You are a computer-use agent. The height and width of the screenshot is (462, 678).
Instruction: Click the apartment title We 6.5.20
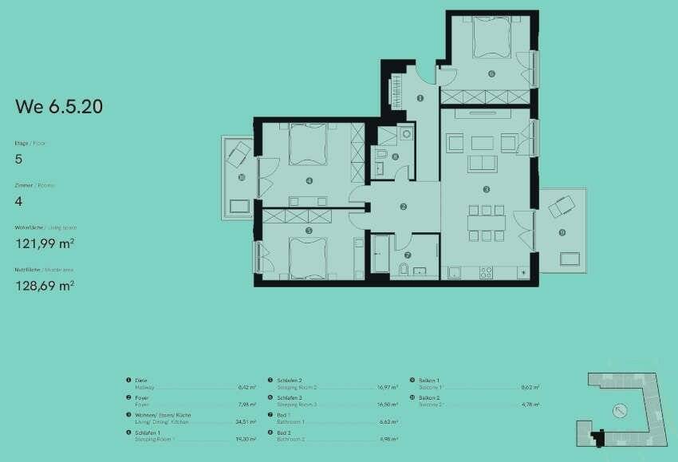(x=59, y=106)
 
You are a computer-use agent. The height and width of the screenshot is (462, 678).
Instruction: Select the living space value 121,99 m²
(x=45, y=243)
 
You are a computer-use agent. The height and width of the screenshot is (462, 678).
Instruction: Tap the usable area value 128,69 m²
(x=45, y=284)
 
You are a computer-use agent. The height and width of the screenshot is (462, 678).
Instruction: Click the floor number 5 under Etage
(x=19, y=159)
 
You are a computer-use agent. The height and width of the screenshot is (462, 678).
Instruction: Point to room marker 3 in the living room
(x=487, y=190)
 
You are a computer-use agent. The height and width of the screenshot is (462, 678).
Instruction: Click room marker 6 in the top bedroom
(x=491, y=73)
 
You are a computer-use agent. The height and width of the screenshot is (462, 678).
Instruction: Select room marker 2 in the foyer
(x=404, y=207)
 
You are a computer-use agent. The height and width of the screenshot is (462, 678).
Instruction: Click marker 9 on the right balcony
(x=562, y=233)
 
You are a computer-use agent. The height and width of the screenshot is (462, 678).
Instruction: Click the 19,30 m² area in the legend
(x=246, y=439)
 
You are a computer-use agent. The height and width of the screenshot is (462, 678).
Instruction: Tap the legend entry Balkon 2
(x=429, y=397)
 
